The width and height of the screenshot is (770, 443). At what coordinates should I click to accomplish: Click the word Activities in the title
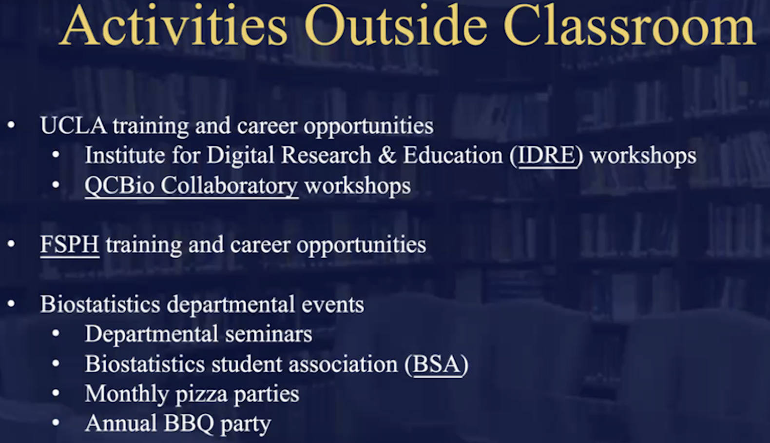click(x=173, y=25)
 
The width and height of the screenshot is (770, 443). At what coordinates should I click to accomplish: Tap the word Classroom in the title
click(x=630, y=25)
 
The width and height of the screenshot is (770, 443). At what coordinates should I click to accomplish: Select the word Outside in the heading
click(x=396, y=25)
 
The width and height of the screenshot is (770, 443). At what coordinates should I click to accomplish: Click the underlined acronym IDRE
click(x=547, y=156)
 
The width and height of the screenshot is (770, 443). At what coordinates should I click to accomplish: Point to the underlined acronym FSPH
click(x=70, y=244)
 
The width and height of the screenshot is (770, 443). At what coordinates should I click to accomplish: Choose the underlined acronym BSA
click(x=437, y=364)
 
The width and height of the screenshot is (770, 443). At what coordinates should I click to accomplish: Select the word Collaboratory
click(x=229, y=186)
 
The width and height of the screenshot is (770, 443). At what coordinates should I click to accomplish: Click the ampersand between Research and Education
click(x=387, y=156)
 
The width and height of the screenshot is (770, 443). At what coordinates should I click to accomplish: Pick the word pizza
click(x=201, y=395)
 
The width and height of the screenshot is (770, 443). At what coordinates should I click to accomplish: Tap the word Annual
click(x=121, y=423)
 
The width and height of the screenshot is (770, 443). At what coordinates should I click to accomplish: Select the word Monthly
click(x=127, y=395)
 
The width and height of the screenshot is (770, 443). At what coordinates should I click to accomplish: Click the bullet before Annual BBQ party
click(x=56, y=423)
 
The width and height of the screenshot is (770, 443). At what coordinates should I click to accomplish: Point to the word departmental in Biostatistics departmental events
click(x=231, y=305)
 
